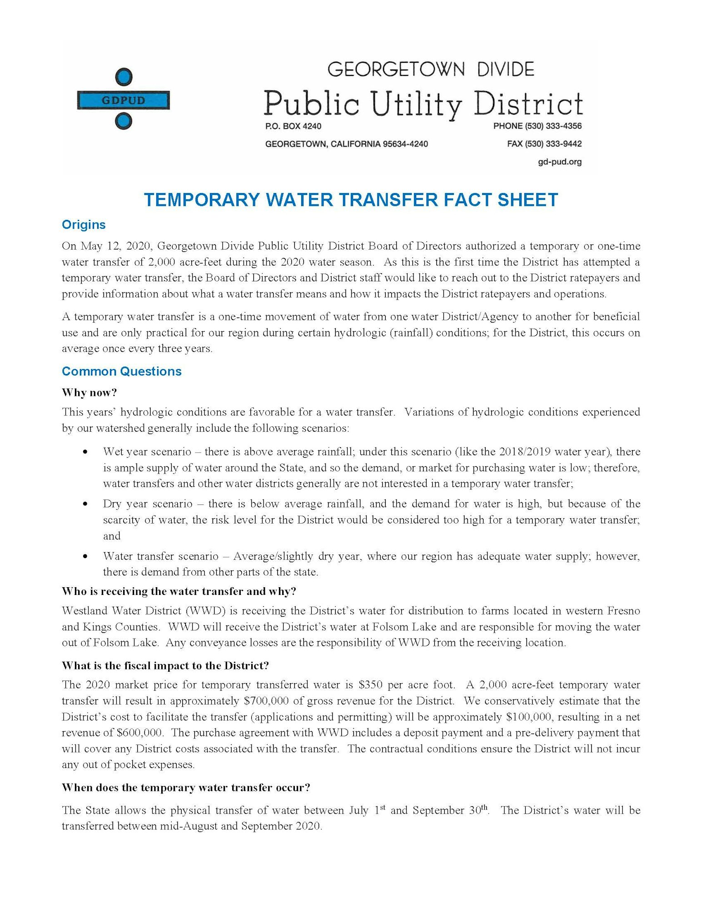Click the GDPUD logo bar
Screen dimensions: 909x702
coord(123,100)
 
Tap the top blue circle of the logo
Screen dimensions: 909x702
coord(123,77)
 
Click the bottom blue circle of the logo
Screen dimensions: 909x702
coord(123,121)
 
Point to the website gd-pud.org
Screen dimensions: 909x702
coord(559,162)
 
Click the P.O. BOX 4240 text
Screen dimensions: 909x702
coord(293,126)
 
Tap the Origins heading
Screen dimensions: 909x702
coord(84,225)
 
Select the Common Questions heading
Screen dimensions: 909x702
coord(121,371)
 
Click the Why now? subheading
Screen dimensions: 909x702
coord(90,392)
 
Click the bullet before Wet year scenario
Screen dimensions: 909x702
coord(85,452)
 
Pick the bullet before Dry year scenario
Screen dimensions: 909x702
coord(85,504)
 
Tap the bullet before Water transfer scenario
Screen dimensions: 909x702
coord(85,557)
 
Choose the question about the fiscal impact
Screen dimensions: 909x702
coord(165,666)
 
